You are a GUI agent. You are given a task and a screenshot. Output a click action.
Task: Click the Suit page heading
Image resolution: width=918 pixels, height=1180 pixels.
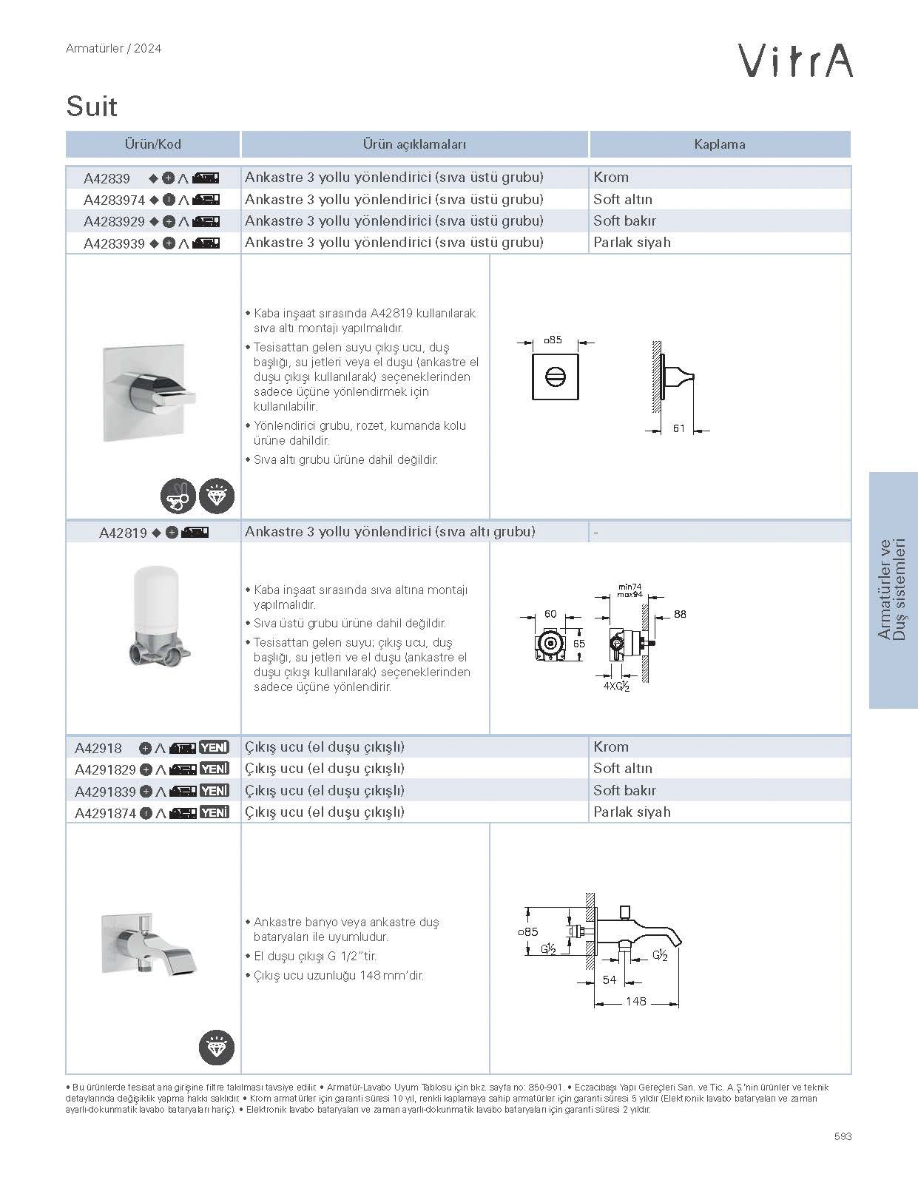coord(92,107)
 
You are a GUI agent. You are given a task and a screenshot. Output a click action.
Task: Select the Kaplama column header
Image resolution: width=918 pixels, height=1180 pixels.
coord(719,144)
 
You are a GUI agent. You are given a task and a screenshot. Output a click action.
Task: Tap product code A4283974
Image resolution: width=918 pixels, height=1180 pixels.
coord(114,200)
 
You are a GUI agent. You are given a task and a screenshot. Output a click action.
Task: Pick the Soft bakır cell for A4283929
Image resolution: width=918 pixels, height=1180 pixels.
coord(624,221)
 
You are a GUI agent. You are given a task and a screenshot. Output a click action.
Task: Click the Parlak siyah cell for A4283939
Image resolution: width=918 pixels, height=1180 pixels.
coord(632,243)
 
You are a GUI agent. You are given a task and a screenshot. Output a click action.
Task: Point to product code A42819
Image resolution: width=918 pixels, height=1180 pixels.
coord(123,533)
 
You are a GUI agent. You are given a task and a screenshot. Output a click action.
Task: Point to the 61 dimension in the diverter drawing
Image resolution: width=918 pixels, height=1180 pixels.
coord(679,429)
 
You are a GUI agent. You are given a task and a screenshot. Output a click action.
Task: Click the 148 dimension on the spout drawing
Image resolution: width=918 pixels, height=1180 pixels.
coord(635,1002)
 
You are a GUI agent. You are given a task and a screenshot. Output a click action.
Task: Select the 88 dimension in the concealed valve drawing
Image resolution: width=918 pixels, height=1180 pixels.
coord(680,614)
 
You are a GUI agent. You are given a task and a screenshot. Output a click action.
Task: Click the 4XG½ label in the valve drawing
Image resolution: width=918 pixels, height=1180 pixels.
coord(615,686)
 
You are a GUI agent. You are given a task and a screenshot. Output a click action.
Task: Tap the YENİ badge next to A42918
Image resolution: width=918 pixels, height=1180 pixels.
coord(215,747)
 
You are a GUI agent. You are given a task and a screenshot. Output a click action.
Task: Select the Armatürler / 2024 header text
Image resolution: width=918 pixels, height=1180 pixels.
coord(113,49)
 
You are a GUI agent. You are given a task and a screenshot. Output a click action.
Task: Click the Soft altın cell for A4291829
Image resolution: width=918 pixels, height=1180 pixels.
coord(623,769)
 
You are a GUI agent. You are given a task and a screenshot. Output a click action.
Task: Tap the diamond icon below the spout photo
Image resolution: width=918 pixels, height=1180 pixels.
coord(216,1047)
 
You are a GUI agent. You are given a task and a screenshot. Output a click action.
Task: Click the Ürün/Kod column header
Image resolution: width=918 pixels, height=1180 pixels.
coord(152,144)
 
